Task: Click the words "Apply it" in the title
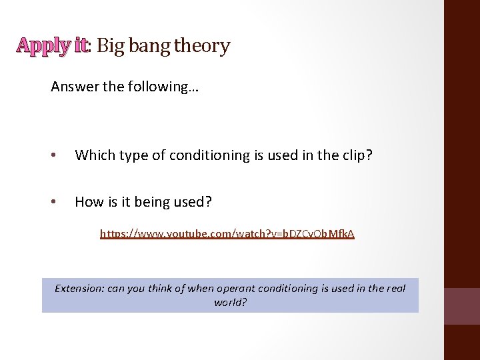click(52, 45)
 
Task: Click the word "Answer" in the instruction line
click(72, 87)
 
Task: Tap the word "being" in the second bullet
click(152, 201)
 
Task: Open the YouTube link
click(227, 234)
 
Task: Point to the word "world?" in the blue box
click(231, 302)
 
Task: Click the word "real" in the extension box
click(395, 289)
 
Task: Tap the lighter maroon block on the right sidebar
click(462, 306)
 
